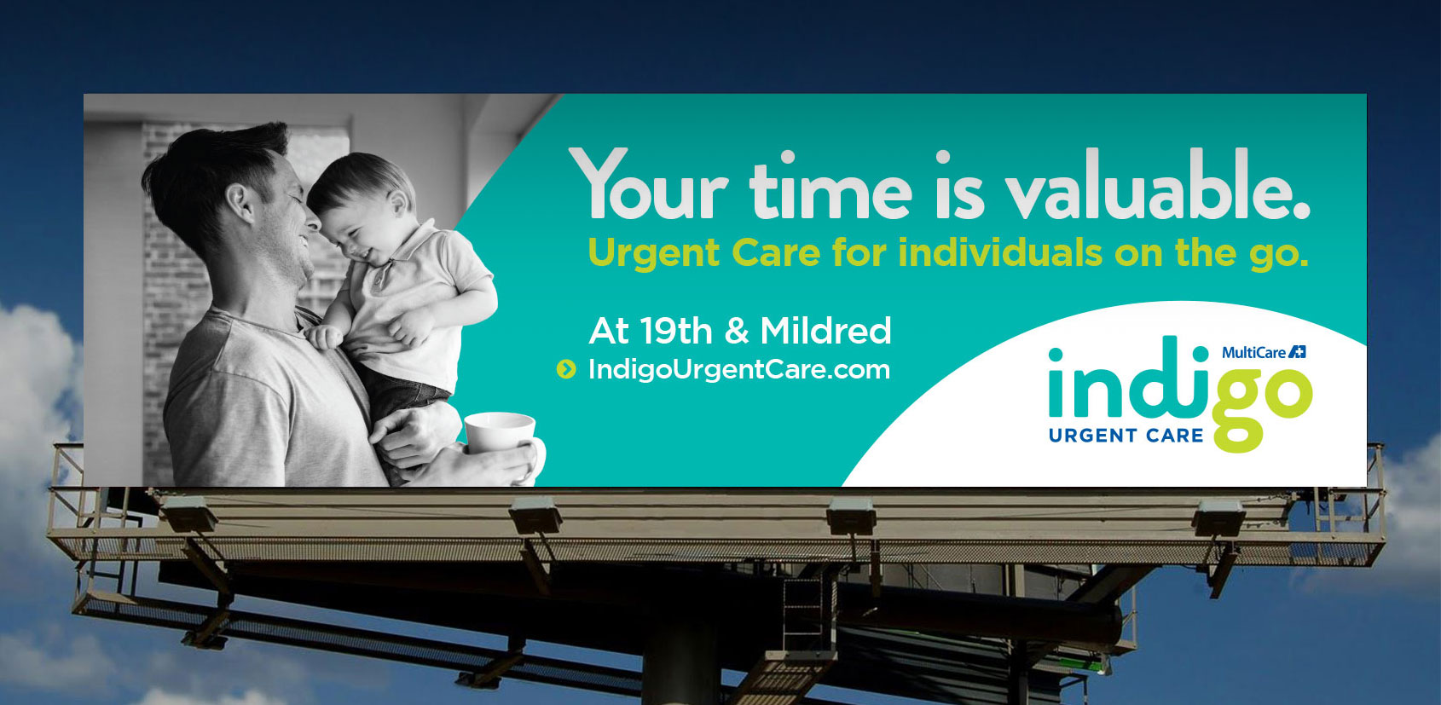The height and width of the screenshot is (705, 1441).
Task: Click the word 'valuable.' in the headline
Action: pos(1158,185)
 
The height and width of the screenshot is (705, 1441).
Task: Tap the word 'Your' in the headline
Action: pos(648,185)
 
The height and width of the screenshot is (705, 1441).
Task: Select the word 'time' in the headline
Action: pos(830,185)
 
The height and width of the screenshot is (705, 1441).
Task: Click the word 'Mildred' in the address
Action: pos(825,331)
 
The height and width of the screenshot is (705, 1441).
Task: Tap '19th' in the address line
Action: pos(676,331)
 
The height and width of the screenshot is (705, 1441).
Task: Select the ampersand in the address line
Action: pos(737,332)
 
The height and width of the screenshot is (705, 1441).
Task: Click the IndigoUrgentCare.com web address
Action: pos(739,369)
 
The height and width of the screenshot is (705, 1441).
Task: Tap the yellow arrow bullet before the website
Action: pos(566,369)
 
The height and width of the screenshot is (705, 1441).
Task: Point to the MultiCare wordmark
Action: pos(1253,353)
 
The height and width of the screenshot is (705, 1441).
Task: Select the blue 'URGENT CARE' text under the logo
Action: pos(1126,436)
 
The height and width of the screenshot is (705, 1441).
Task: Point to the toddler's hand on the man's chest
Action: pos(324,337)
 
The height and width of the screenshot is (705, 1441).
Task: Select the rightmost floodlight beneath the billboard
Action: pos(1218,518)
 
